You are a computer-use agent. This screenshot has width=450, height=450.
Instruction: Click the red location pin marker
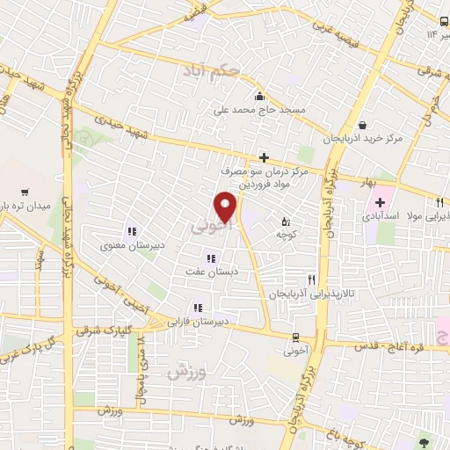coord(226,207)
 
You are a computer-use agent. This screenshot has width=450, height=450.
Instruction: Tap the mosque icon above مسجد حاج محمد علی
coord(258,97)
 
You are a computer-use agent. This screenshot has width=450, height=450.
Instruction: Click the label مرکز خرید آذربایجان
coord(363,139)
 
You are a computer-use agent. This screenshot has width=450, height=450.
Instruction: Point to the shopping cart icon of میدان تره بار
coord(24,192)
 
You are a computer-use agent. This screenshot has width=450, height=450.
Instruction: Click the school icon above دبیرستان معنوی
coord(131,231)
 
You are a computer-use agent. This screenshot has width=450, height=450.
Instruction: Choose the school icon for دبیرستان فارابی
coord(198,308)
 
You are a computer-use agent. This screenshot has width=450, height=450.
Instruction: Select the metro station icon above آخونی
coord(294,336)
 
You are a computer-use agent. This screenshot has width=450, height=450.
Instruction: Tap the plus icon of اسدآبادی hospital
coord(379,203)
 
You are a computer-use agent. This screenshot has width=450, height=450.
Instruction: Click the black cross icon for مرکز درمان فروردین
coord(263,157)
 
